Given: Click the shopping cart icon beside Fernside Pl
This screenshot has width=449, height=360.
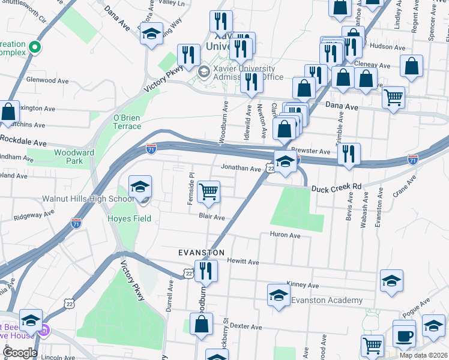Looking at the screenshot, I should click(208, 191).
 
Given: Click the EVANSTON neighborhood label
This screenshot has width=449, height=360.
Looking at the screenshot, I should click(202, 253).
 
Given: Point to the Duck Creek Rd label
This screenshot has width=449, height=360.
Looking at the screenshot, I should click(336, 188).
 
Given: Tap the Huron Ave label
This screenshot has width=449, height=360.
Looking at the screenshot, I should click(285, 235).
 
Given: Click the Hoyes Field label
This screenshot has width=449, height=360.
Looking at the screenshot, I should click(129, 219).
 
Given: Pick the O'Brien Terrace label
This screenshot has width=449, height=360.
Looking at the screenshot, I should click(127, 122).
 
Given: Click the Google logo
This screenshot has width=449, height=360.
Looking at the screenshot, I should click(19, 353).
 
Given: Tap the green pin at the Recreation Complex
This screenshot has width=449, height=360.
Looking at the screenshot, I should click(35, 47).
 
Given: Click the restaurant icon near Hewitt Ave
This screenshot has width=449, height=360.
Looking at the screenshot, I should click(205, 271).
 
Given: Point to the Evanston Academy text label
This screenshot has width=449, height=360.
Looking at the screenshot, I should click(327, 301).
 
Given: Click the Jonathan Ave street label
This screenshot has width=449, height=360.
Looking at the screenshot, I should click(241, 169).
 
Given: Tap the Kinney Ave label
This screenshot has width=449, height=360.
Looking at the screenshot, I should click(303, 285).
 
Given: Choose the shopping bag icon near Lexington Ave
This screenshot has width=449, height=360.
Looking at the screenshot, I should click(8, 112).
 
